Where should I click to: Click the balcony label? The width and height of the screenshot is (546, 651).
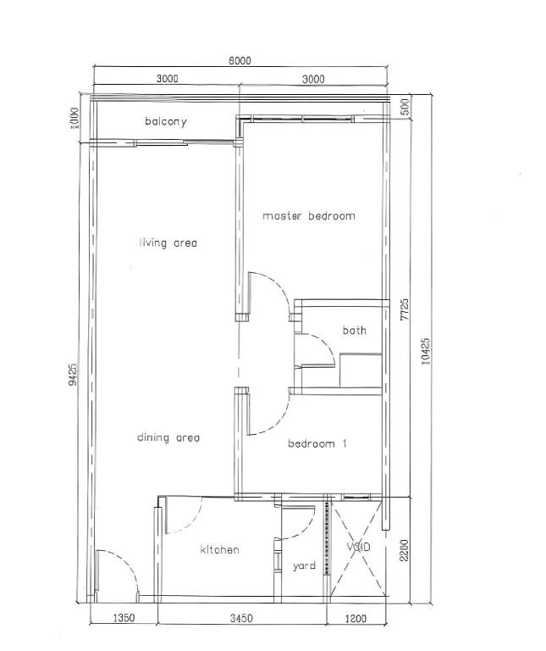pos(165,121)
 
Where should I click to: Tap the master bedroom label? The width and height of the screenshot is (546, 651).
pos(309,216)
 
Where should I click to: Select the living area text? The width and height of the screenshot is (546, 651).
pos(168,242)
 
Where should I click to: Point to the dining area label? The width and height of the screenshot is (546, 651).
pos(168,437)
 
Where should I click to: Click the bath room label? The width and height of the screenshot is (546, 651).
pos(355,331)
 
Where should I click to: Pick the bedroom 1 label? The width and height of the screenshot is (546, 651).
pos(317,443)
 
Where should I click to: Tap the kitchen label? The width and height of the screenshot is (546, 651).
pos(220,549)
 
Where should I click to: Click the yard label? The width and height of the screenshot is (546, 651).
pos(304,566)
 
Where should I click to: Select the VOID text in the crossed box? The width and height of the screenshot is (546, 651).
pos(359,548)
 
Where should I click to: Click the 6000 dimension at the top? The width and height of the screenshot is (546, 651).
pos(240,61)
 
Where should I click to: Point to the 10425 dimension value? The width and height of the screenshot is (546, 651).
pos(426,351)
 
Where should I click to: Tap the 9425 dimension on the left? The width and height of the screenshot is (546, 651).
pos(73,375)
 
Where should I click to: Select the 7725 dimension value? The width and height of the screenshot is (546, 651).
pos(405,309)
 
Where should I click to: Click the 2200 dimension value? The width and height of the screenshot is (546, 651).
pos(405,550)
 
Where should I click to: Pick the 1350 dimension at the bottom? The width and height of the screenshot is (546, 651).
pos(124,618)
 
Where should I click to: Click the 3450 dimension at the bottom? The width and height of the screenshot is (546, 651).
pos(242,618)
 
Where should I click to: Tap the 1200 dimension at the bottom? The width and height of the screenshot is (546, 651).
pos(356,618)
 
